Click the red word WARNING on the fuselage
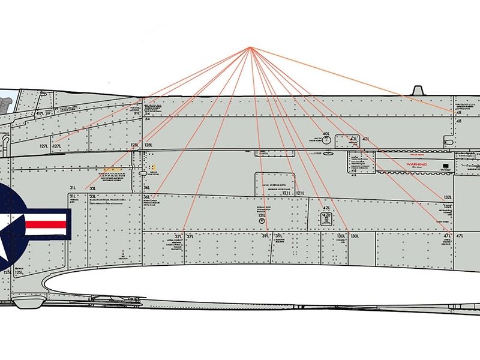pyautogui.click(x=416, y=164)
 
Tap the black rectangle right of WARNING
pyautogui.click(x=445, y=164)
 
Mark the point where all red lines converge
pyautogui.click(x=251, y=47)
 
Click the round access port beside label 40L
pyautogui.click(x=326, y=140)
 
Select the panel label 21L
pyautogui.click(x=136, y=113)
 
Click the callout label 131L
pyautogui.click(x=262, y=215)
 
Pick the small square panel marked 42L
pyautogui.click(x=326, y=218)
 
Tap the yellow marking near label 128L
pyautogui.click(x=154, y=167)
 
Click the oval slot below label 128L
pyautogui.click(x=143, y=173)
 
